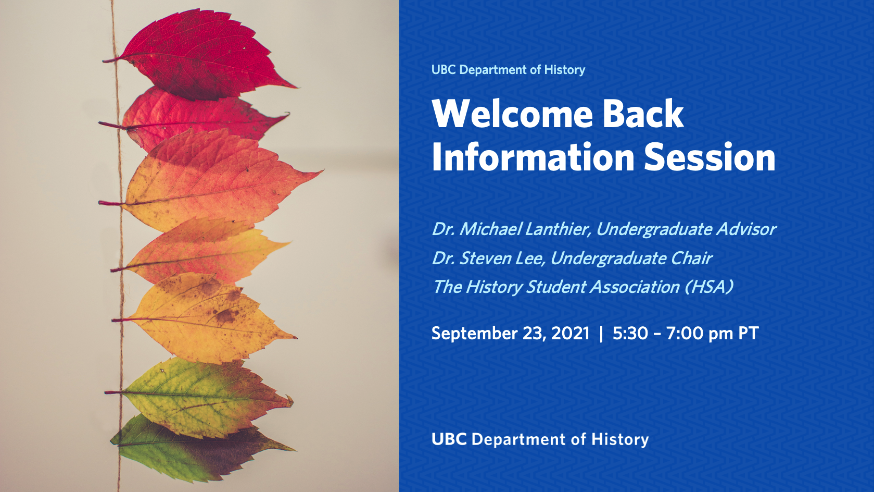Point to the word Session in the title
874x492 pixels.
click(x=710, y=157)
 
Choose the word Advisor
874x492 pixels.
click(x=745, y=229)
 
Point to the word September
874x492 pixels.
click(x=474, y=334)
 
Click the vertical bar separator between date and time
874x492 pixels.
click(x=601, y=334)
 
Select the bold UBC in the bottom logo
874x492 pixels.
click(x=449, y=439)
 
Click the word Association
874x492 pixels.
click(x=635, y=287)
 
